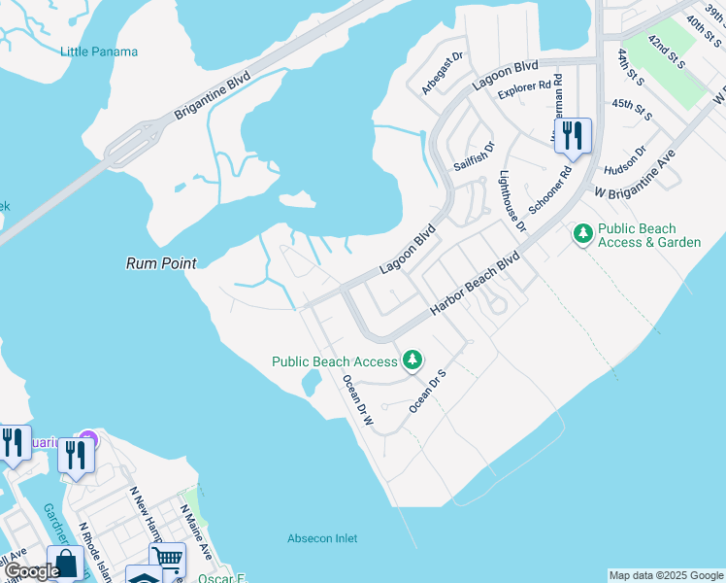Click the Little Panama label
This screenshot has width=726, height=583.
99,51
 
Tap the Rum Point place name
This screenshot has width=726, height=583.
161,263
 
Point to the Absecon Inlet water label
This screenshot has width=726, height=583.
322,538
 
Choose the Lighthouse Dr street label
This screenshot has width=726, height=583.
511,202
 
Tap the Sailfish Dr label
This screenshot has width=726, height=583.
475,156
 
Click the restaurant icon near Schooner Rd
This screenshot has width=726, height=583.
573,135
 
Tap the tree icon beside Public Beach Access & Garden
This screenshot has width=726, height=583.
583,233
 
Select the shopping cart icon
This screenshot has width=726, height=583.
168,559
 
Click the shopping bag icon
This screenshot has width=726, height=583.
65,564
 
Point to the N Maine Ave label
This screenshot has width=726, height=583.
195,531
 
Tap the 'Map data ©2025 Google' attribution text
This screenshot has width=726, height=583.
666,575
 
